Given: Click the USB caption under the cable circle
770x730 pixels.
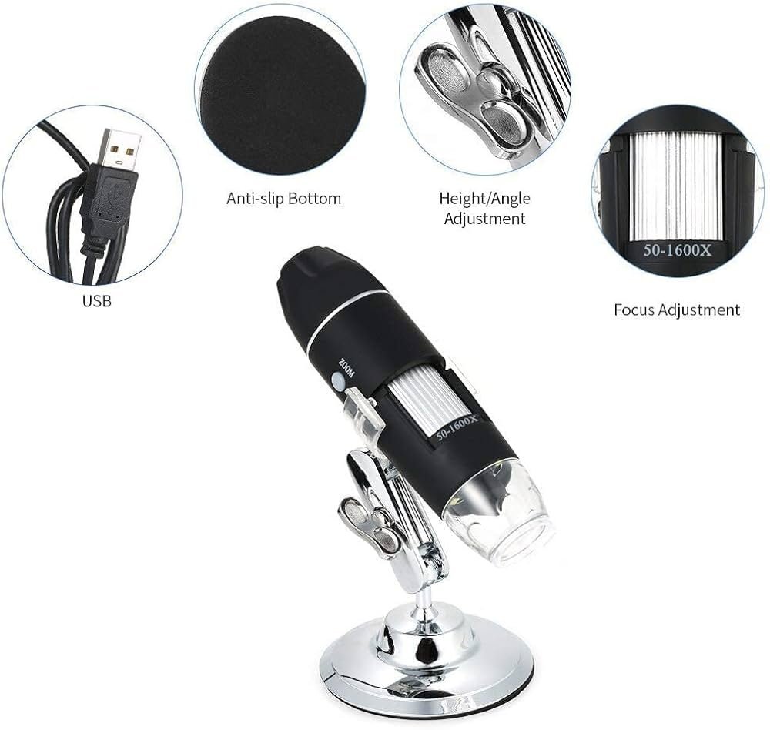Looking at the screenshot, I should click(97, 301).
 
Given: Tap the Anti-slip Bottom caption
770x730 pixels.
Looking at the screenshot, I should click(283, 199).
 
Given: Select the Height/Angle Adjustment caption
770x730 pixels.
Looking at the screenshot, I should click(484, 209).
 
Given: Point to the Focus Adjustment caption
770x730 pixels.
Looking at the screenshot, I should click(676, 310).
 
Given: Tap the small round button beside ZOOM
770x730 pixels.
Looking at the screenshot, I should click(337, 380).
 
